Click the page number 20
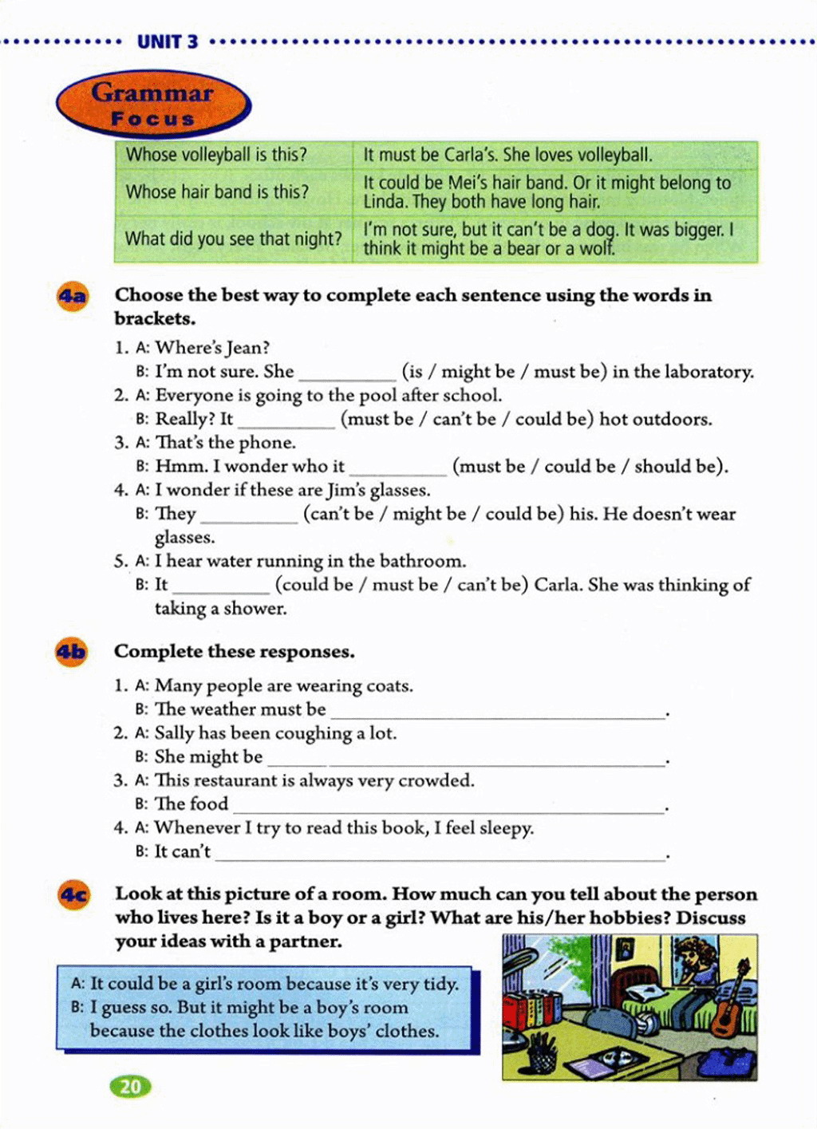coord(130,1086)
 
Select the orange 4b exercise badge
coord(71,653)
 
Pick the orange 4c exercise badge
coord(73,895)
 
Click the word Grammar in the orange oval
coord(152,93)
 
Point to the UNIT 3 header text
coord(168,41)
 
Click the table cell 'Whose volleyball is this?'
coord(216,155)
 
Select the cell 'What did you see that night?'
coord(233,239)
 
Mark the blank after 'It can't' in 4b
coord(440,852)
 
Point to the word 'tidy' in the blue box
coord(440,984)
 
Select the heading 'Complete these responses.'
coord(235,652)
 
